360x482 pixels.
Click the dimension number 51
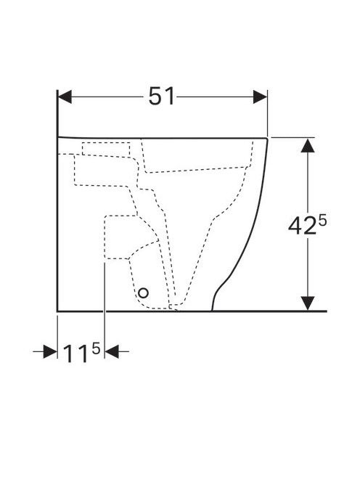(161, 97)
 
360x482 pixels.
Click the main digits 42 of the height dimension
(302, 226)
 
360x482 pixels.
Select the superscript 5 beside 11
(96, 348)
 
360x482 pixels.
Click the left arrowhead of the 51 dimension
(65, 97)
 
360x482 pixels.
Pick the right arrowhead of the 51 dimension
(260, 97)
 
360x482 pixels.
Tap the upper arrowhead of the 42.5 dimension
(308, 145)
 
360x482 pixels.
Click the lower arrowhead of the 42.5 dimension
(308, 303)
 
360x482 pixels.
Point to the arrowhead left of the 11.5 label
(50, 351)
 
